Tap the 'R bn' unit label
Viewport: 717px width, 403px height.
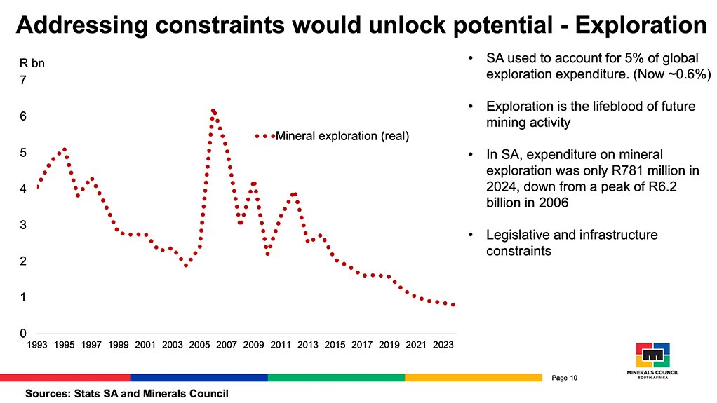click(x=31, y=64)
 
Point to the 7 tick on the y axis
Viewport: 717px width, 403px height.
click(x=22, y=81)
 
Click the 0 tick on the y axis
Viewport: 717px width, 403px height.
click(x=22, y=334)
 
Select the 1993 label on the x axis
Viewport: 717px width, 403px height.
click(x=36, y=345)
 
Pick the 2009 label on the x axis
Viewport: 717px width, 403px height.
click(x=253, y=345)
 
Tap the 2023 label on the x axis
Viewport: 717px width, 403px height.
click(x=443, y=345)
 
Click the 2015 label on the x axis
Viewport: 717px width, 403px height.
click(x=335, y=345)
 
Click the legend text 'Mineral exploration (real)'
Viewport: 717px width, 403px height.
click(x=342, y=136)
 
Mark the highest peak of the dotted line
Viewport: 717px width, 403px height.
click(x=213, y=111)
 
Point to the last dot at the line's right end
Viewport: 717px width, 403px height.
click(x=454, y=305)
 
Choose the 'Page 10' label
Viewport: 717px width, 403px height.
click(x=564, y=378)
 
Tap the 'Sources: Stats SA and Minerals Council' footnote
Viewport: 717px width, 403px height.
click(x=127, y=394)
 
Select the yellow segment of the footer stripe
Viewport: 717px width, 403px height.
click(x=473, y=378)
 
